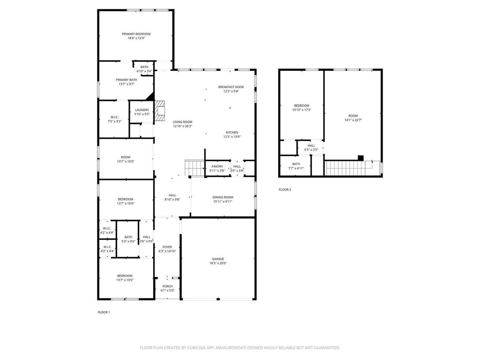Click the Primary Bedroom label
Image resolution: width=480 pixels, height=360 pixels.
coord(136,34)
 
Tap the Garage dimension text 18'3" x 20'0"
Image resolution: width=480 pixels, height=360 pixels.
coord(218,263)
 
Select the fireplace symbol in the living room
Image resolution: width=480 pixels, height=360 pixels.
coord(159,111)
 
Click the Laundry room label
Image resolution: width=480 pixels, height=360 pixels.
coord(142,110)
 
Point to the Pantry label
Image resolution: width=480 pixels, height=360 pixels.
coord(217,166)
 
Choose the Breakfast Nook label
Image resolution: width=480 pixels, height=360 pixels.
coord(231,87)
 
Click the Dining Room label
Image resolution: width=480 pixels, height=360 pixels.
coord(223,197)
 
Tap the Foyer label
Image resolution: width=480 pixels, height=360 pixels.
coord(167,247)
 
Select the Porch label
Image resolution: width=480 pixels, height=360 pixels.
coord(167,286)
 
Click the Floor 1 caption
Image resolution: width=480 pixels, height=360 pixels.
coord(104,312)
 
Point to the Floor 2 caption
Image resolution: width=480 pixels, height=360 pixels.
coord(285,189)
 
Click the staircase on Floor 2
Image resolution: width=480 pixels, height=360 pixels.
coord(349,168)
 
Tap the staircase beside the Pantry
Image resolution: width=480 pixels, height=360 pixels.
coord(195,168)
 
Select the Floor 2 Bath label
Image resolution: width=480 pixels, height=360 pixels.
coord(296,164)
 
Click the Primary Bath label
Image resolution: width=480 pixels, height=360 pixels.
coord(127,80)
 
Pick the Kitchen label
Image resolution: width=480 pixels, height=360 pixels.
coord(232,133)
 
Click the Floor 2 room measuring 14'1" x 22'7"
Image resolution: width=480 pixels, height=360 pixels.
coord(353,116)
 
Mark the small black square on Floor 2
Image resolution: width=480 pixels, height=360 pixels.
coord(360,158)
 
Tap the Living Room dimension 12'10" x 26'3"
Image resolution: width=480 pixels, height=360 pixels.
coord(182,126)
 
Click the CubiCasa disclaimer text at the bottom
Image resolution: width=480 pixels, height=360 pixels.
coord(240,348)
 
